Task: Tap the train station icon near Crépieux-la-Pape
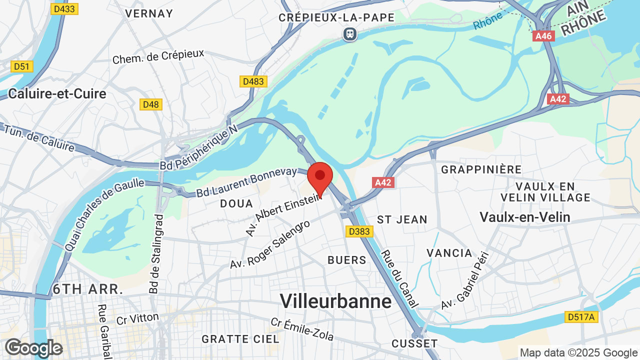350,34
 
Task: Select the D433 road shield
64,9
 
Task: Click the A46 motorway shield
543,36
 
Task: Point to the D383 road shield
358,231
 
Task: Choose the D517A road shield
581,316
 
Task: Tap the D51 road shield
22,66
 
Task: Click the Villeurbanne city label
335,301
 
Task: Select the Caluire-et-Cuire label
57,93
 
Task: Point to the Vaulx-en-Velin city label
525,217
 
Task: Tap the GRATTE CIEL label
240,339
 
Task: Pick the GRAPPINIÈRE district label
481,169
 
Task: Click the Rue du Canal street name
400,278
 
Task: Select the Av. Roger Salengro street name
270,244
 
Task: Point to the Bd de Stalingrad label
156,253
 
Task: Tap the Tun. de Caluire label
40,138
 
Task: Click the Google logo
33,348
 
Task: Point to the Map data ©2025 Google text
578,353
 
